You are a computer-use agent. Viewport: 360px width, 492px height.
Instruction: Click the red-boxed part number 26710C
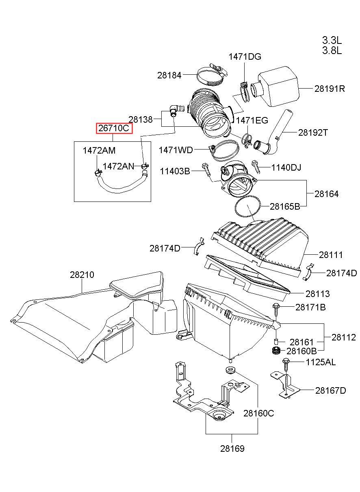click(114, 128)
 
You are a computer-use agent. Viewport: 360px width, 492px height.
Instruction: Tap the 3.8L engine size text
click(332, 51)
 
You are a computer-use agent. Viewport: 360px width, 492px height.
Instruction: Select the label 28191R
click(330, 89)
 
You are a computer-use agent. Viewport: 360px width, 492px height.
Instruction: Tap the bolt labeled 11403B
click(206, 169)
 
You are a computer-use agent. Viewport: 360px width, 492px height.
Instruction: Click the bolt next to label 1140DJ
click(256, 167)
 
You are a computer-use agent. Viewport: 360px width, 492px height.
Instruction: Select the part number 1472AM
click(99, 151)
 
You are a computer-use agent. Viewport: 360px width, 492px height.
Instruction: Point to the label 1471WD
click(176, 150)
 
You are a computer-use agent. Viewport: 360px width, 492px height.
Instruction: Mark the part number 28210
click(82, 275)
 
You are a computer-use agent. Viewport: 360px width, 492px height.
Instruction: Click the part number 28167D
click(330, 390)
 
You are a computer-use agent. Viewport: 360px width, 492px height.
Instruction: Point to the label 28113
click(317, 294)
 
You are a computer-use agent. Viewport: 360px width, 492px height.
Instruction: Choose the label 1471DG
click(245, 57)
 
